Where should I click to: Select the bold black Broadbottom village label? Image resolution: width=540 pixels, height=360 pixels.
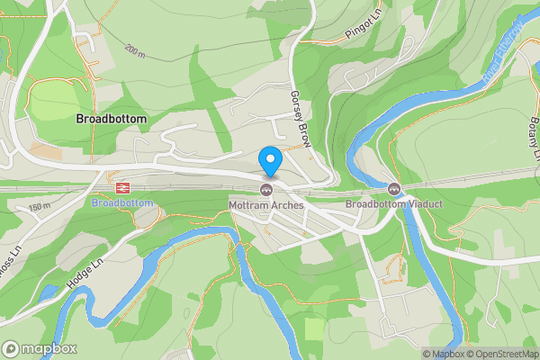[x=112, y=119]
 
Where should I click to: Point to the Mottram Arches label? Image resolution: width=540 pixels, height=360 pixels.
[x=267, y=204]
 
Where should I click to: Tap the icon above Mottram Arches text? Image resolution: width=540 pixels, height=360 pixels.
[x=266, y=189]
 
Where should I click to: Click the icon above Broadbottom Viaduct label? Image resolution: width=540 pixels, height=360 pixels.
[x=394, y=189]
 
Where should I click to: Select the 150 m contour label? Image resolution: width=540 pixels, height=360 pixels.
[x=39, y=208]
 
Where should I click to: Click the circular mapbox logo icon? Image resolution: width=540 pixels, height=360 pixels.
[x=11, y=349]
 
